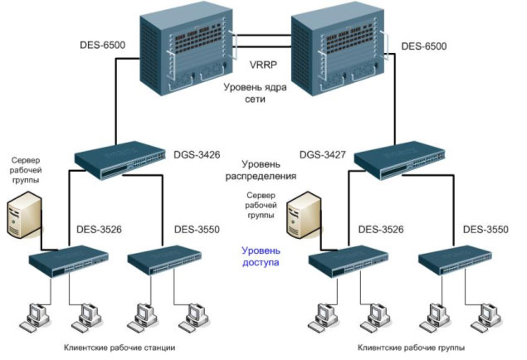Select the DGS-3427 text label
click(321, 153)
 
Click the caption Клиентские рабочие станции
click(119, 347)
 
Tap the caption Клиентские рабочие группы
click(410, 347)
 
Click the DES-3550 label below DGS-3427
click(485, 228)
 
